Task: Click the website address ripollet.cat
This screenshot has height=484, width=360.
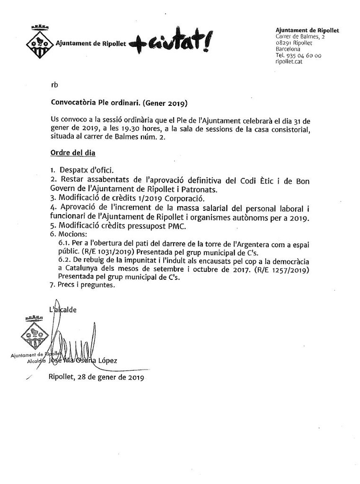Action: pos(289,61)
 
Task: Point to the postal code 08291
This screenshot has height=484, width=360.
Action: pos(284,43)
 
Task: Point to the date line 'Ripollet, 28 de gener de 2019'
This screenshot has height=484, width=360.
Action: pos(96,377)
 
